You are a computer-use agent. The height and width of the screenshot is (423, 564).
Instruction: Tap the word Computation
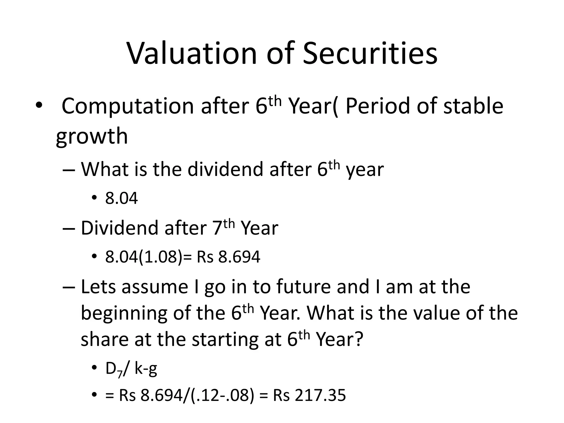tap(128, 106)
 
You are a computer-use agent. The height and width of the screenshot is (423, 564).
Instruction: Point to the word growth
tap(92, 136)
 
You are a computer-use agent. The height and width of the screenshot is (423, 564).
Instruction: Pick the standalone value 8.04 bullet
tap(121, 198)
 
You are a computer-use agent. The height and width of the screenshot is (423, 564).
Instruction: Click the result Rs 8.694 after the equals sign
tap(228, 257)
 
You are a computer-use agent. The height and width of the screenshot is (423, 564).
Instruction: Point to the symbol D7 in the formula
tap(113, 369)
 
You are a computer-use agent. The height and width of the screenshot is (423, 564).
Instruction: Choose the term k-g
tap(146, 369)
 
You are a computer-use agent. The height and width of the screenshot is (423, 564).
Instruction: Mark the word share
tap(104, 340)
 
